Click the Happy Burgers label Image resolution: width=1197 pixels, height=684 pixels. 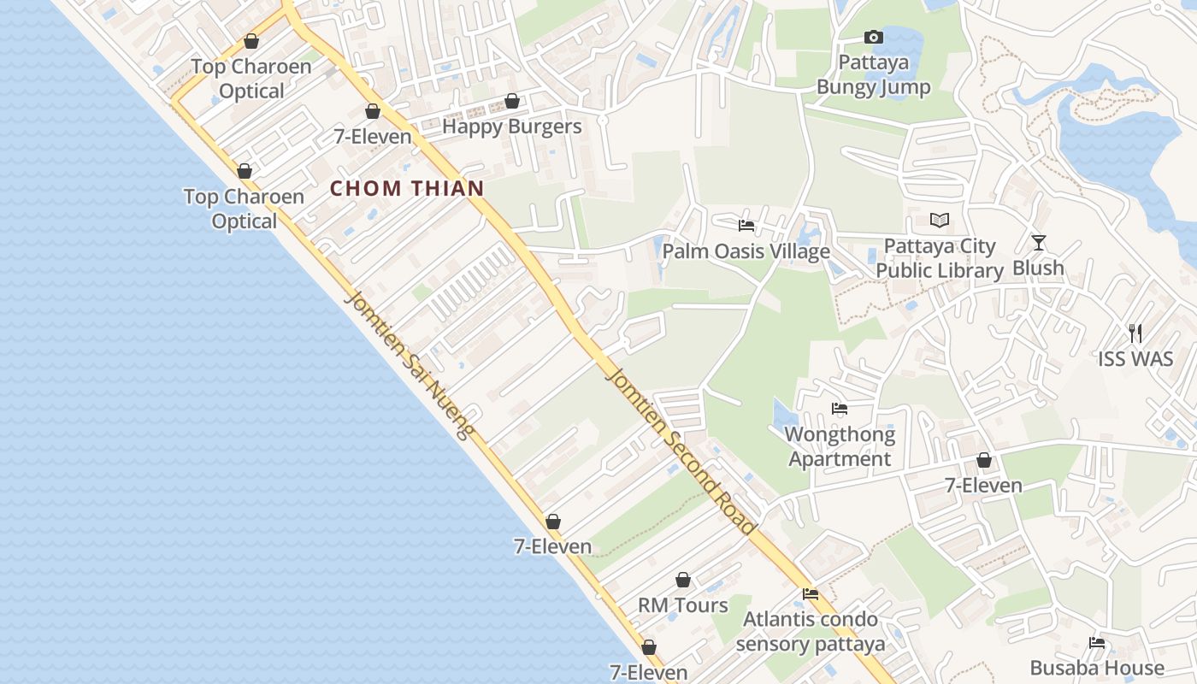coord(511,127)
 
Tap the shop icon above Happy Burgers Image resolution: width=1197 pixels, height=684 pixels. coord(512,102)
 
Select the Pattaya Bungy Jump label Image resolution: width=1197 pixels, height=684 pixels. coord(873,74)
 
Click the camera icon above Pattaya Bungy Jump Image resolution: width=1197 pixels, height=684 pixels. coord(873,37)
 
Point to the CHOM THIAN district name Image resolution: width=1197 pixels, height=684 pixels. coord(407,189)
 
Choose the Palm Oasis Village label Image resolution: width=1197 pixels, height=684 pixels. coord(746,251)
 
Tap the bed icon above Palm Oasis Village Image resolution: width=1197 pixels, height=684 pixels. coord(746,226)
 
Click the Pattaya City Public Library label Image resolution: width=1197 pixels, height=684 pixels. coord(939,258)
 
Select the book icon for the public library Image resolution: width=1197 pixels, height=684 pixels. coord(939,221)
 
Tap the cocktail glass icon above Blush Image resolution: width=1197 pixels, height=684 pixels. coord(1038,243)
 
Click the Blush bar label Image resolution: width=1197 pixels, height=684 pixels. coord(1038,268)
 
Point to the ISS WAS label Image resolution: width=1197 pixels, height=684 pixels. coord(1135,359)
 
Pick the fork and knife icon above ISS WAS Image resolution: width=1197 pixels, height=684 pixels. coord(1135,333)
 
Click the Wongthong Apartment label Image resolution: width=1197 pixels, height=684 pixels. coord(840,446)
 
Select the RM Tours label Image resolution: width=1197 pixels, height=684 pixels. coord(683,605)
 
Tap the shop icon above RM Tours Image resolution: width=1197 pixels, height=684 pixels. coord(683,581)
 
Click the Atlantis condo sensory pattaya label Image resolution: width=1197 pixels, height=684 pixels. coord(810,631)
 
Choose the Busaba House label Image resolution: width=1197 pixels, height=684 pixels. coord(1097,668)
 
